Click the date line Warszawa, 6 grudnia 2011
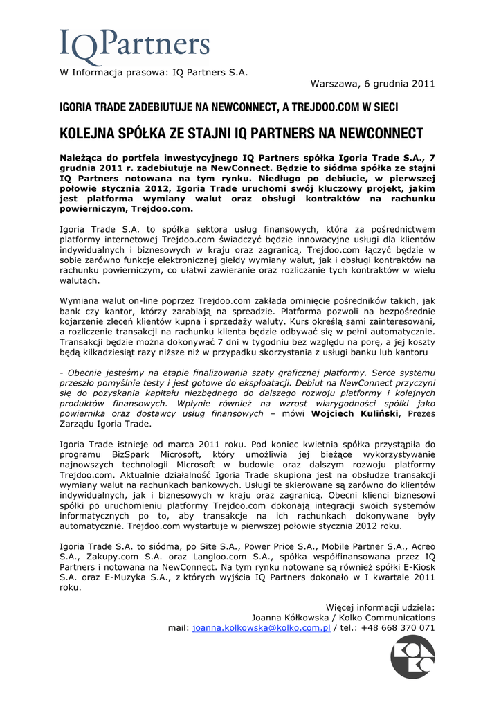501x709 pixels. pos(372,84)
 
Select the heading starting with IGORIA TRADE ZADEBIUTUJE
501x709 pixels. pos(228,108)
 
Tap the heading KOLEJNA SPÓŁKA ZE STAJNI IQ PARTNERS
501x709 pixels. pos(241,132)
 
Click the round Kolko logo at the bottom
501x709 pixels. pos(413,657)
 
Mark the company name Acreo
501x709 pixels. pos(421,545)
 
